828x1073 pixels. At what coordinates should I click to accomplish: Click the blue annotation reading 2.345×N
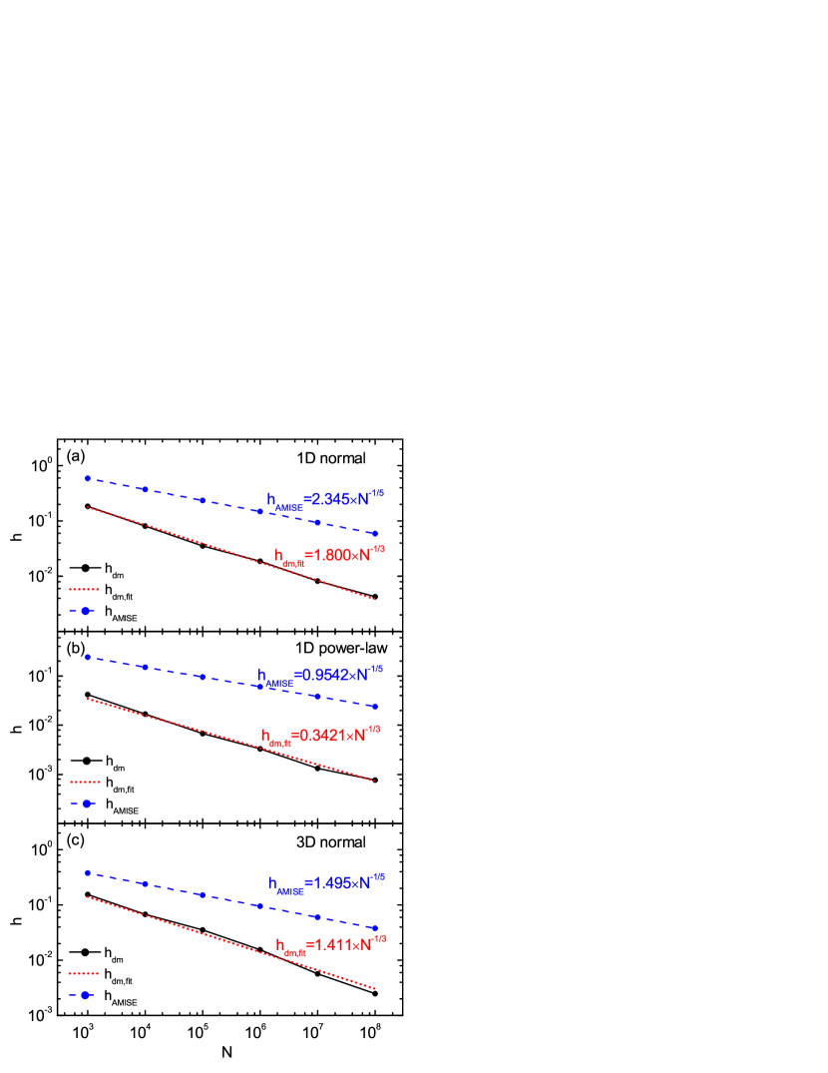point(325,498)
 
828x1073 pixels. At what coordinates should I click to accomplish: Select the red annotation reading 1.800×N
point(329,555)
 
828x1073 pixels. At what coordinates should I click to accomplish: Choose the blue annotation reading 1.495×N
point(326,883)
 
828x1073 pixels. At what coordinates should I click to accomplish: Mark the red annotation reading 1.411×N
point(330,944)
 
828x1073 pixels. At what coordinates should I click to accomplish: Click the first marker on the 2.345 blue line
point(88,478)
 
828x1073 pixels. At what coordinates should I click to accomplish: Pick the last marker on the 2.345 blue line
point(375,533)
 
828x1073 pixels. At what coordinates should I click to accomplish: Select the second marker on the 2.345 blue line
point(145,489)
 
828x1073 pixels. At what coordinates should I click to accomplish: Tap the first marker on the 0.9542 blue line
point(88,657)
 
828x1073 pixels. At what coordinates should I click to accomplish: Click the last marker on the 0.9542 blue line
point(375,707)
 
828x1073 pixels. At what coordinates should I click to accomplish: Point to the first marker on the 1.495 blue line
point(88,872)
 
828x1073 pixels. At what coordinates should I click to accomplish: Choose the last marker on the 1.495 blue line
point(375,928)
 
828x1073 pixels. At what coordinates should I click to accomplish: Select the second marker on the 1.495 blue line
point(145,883)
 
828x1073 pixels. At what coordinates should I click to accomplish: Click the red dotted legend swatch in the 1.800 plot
point(84,589)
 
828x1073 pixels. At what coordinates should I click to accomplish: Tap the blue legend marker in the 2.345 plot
point(85,610)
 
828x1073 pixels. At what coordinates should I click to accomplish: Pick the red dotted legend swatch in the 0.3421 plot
point(85,782)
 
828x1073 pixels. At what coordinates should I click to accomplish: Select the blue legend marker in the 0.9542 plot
point(86,803)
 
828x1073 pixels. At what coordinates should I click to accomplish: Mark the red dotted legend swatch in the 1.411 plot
point(84,973)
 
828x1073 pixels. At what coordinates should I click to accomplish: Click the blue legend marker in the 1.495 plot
point(85,994)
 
